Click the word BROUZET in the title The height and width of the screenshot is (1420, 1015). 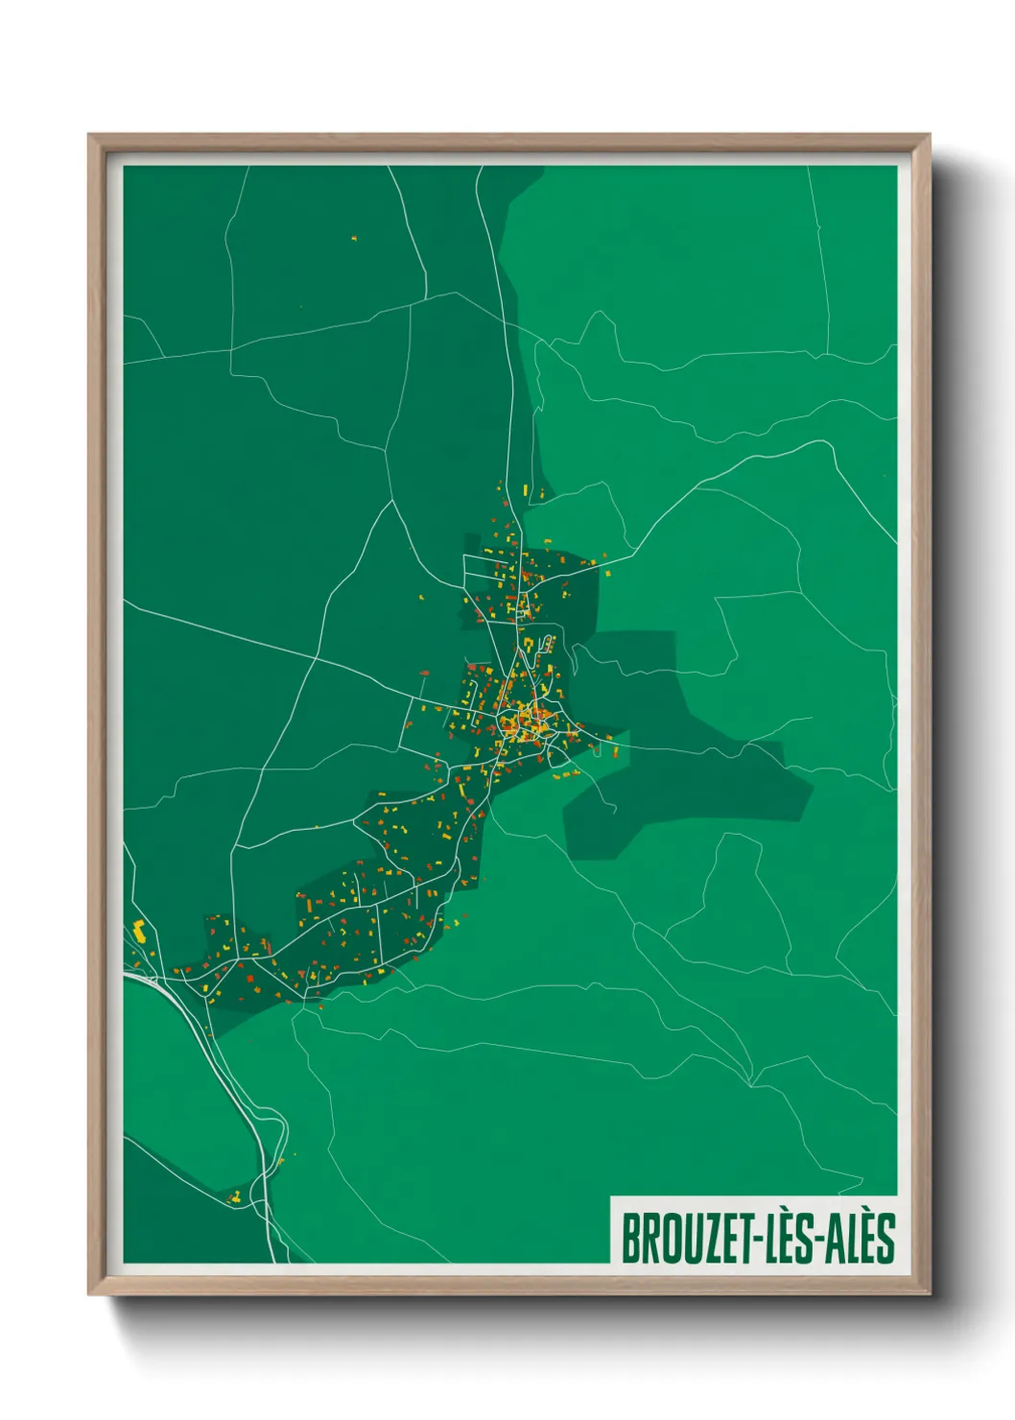click(689, 1239)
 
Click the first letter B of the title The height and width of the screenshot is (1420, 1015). click(631, 1239)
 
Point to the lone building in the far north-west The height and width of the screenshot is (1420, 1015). click(354, 237)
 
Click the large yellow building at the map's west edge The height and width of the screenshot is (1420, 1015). click(139, 929)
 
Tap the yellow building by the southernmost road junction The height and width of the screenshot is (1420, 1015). click(236, 1198)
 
